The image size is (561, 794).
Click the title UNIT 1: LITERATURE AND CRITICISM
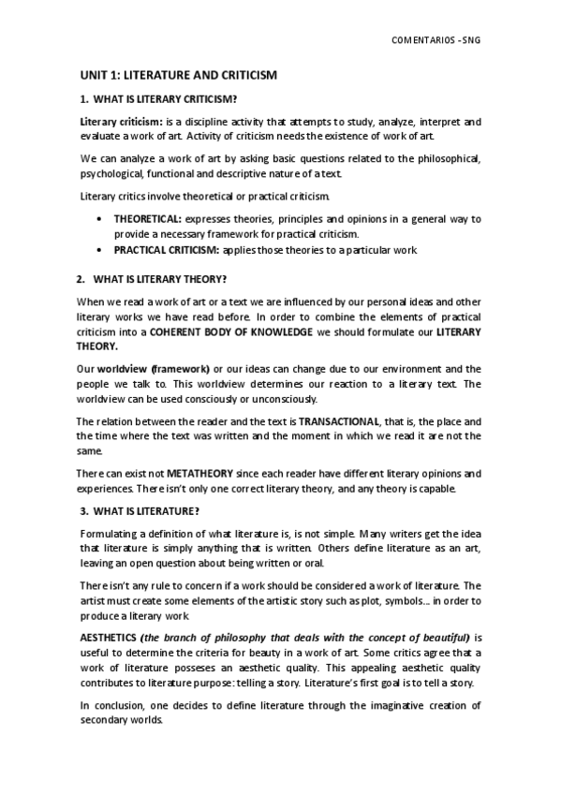[177, 74]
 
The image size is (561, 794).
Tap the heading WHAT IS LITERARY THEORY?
[159, 279]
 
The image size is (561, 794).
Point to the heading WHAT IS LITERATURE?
[148, 510]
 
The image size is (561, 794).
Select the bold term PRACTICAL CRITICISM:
[167, 250]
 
